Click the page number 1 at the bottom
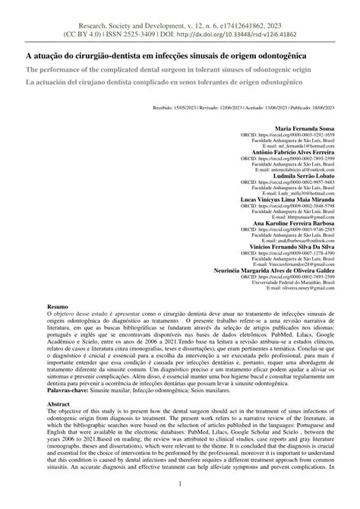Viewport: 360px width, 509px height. click(180, 485)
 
